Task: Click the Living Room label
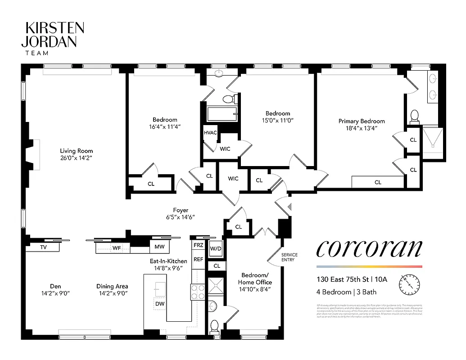77,151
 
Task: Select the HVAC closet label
210,133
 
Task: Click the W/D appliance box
216,248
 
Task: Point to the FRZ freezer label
198,246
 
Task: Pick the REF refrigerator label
198,260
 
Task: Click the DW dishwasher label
159,304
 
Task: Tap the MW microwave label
159,247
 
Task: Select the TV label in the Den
44,247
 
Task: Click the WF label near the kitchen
117,247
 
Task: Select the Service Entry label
290,257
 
